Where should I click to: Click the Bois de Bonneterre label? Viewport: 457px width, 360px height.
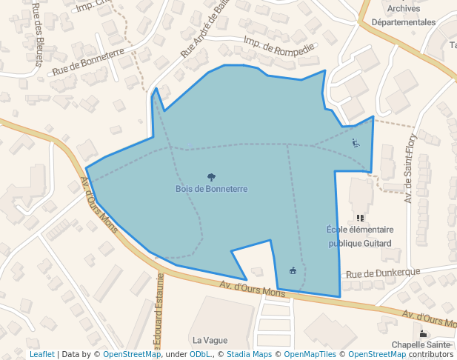(x=211, y=189)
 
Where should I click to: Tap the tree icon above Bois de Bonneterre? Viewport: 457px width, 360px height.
(x=211, y=177)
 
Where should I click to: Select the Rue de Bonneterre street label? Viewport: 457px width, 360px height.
(x=87, y=62)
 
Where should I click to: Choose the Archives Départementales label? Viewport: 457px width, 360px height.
(x=403, y=16)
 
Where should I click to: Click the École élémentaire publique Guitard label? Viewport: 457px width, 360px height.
(x=359, y=236)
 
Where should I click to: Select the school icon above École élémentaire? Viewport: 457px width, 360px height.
(x=360, y=218)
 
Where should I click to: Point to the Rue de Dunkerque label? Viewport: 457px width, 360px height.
(x=382, y=273)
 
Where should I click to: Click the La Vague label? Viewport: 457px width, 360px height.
(x=210, y=340)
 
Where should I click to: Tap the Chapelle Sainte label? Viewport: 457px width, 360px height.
(x=421, y=344)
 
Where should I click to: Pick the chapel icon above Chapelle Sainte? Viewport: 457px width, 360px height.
(x=423, y=333)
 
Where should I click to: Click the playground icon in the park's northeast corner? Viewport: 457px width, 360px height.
(x=356, y=143)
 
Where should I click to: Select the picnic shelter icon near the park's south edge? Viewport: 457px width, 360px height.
(x=293, y=270)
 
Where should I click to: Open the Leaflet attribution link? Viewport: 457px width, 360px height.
(x=41, y=354)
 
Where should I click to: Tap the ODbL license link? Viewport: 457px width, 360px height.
(x=201, y=354)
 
